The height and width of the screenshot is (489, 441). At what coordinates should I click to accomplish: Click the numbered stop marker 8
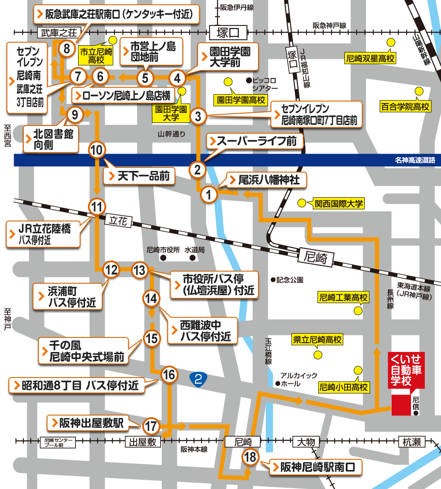(67, 48)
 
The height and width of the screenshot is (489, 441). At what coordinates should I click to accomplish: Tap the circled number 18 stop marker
(250, 457)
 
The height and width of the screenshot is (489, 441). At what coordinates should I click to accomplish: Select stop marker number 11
(97, 206)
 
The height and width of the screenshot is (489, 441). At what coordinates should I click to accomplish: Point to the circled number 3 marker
(198, 116)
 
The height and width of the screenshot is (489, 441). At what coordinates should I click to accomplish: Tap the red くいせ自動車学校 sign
(406, 370)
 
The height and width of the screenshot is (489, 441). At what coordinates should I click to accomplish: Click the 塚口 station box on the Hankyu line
(228, 32)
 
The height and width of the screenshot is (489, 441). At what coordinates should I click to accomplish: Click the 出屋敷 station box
(141, 442)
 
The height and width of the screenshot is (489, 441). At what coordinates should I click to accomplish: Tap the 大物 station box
(306, 442)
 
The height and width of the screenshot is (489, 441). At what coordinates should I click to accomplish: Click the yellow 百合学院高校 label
(405, 106)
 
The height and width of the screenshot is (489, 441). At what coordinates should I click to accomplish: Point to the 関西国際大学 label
(338, 203)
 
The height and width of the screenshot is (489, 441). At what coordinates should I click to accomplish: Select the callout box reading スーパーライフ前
(256, 141)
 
